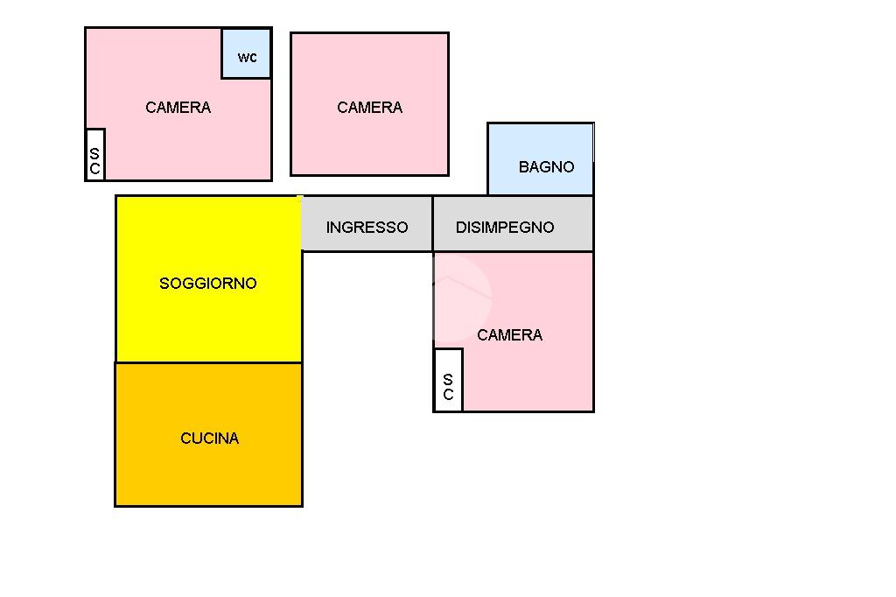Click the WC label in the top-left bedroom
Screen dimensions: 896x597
(248, 58)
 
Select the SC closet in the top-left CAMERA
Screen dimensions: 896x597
(94, 155)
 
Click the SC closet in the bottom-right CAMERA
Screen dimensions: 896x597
(448, 380)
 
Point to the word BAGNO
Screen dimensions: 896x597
(546, 166)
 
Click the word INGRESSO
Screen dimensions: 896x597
(367, 228)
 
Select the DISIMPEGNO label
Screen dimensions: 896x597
(505, 228)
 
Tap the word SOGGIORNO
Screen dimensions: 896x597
(208, 284)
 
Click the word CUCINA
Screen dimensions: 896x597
(209, 439)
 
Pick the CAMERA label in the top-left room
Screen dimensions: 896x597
(178, 108)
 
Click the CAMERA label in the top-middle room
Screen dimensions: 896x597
(369, 108)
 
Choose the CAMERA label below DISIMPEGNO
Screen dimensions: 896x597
(509, 335)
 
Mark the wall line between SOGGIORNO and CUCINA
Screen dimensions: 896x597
(208, 362)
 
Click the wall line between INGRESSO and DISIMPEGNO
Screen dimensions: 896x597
(432, 224)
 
